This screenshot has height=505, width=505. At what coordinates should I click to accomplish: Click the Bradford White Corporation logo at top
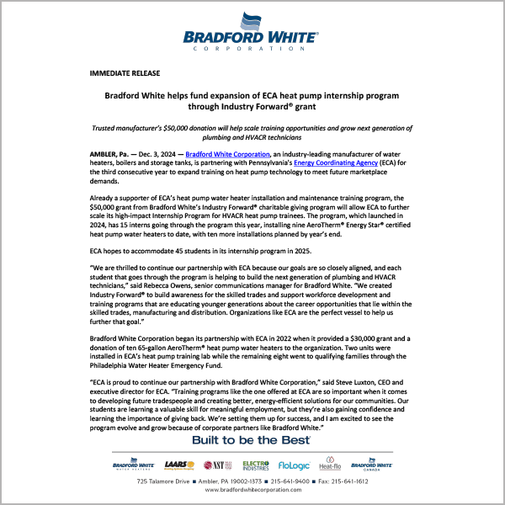[x=252, y=33]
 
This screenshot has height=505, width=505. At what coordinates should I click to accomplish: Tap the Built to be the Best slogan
[x=252, y=440]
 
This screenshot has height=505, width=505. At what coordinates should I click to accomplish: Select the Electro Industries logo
[x=255, y=464]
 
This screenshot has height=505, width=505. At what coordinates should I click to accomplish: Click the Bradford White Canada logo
[x=369, y=464]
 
